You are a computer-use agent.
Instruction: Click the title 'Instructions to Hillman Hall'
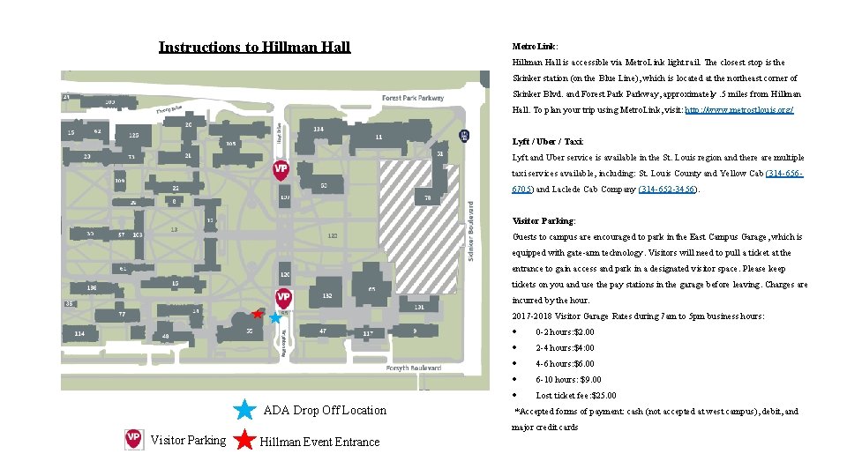pos(254,48)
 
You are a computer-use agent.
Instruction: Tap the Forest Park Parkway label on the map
pos(413,98)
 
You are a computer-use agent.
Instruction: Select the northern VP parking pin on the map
pos(281,168)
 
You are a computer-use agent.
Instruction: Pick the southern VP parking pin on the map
pos(283,298)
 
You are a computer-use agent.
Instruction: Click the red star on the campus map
pos(257,313)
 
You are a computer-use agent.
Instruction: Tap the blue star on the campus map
pos(275,315)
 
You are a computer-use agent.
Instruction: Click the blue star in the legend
pos(245,410)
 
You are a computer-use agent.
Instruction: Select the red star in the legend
pos(245,440)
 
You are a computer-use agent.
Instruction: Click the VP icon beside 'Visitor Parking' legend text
pos(133,440)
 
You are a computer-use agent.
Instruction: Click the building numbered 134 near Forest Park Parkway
pos(318,130)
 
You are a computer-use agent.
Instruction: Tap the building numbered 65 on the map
pos(372,288)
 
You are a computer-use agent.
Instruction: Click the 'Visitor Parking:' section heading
pos(543,221)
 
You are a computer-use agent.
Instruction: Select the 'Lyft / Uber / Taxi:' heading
pos(548,142)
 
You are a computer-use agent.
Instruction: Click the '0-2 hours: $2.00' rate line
pos(565,332)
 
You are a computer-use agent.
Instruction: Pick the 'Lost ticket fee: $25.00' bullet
pos(575,396)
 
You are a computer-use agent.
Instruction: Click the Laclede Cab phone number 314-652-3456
pos(667,190)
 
